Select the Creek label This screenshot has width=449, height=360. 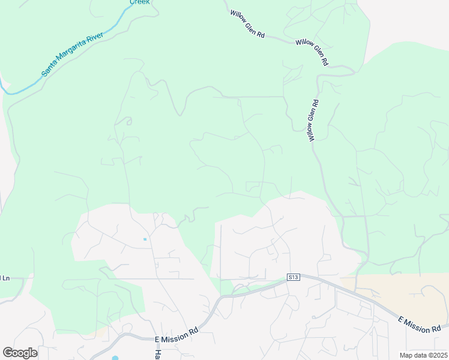point(139,2)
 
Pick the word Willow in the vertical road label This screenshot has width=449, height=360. point(312,133)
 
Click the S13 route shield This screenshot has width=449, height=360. point(293,277)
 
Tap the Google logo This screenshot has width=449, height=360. point(20,353)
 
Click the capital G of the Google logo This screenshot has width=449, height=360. point(7,352)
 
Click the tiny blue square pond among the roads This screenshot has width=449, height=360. point(145,239)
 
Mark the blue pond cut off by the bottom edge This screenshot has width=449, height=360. point(115,358)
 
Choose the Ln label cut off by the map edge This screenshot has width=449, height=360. point(6,278)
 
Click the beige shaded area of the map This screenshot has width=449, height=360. point(408,294)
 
